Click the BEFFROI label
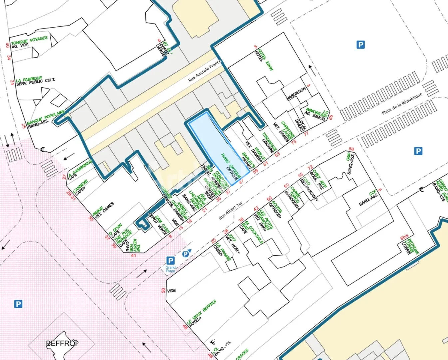[62, 343]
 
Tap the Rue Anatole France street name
[204, 71]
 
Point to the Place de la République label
[402, 103]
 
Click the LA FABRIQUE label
[29, 79]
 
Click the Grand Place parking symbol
[170, 260]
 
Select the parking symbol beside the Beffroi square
[18, 304]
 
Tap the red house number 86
[351, 149]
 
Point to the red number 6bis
[404, 237]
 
